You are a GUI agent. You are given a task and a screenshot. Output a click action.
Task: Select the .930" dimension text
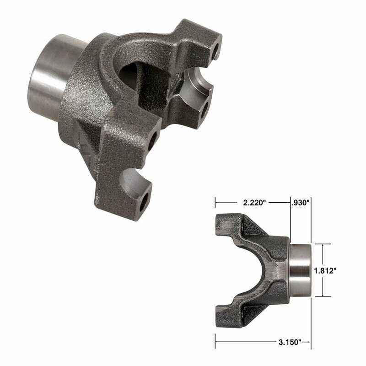(301, 202)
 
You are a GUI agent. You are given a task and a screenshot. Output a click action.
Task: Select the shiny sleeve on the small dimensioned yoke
(301, 270)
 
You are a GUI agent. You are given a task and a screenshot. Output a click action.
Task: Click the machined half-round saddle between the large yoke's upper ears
(194, 85)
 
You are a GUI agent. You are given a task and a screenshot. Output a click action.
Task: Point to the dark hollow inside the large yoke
(137, 75)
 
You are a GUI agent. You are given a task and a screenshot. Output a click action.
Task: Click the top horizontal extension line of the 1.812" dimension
(322, 244)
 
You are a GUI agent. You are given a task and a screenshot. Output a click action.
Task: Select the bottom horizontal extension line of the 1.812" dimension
(322, 296)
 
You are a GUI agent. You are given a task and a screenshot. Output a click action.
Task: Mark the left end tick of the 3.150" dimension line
(215, 341)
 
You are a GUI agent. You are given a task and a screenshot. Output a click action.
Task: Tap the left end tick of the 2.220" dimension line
(215, 202)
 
